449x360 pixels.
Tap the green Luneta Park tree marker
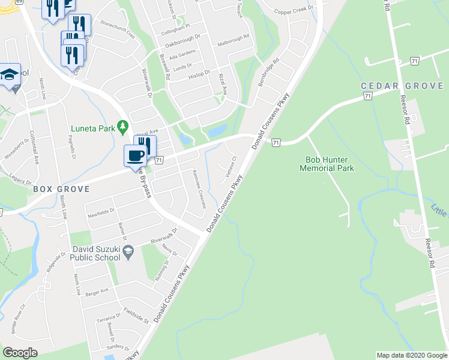[x=123, y=127]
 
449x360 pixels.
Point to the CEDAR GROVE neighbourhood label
[x=402, y=86]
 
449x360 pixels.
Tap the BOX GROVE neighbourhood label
[x=61, y=189]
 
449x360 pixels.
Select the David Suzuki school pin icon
[x=128, y=254]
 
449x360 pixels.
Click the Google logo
[x=20, y=353]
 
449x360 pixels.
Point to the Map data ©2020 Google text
[x=411, y=355]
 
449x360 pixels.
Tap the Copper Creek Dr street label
[x=294, y=11]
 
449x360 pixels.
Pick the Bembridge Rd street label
[x=269, y=71]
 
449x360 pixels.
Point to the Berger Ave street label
[x=96, y=290]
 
